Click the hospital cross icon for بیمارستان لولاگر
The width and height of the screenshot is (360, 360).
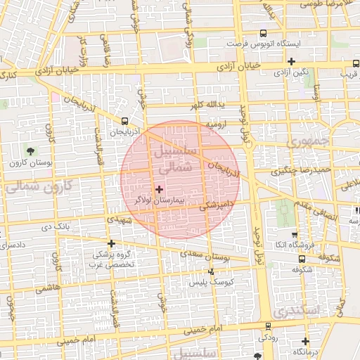pos(159,188)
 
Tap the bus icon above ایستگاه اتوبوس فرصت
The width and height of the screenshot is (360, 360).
pos(263,32)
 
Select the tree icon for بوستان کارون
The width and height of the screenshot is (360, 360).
pos(30,151)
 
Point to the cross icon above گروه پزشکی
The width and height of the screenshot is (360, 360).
pos(111,243)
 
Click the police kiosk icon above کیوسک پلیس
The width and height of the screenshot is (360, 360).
pos(212,271)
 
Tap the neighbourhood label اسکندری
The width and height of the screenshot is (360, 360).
pos(297,310)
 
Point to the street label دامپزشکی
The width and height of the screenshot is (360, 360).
pos(215,205)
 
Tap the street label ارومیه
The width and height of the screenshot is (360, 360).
pos(217,124)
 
